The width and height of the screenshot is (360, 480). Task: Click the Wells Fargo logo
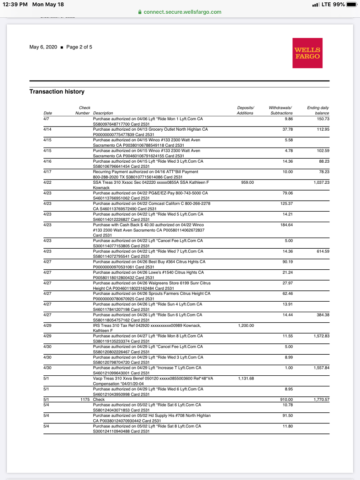307,53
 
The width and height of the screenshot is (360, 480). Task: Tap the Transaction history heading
57,91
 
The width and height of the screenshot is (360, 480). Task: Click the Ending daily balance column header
318,110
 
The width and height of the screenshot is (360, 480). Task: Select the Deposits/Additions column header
245,110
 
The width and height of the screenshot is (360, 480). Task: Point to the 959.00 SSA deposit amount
247,182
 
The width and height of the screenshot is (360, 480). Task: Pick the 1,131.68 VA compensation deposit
246,379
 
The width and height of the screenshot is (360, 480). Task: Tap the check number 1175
85,400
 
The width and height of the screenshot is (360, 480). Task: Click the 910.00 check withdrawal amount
286,400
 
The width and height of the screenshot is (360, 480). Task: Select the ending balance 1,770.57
321,400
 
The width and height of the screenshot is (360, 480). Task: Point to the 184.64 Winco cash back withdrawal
286,225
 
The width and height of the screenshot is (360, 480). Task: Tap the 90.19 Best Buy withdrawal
287,262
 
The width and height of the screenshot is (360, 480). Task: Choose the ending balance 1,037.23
321,182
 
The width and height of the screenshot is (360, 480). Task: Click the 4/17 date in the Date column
47,172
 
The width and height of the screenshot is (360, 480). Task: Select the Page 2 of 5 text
79,47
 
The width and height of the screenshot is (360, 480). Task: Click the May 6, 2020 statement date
43,47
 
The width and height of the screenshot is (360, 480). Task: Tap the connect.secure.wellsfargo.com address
183,12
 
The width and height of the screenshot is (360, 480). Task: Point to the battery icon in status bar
351,5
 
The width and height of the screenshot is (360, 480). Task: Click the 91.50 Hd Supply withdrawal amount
287,416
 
